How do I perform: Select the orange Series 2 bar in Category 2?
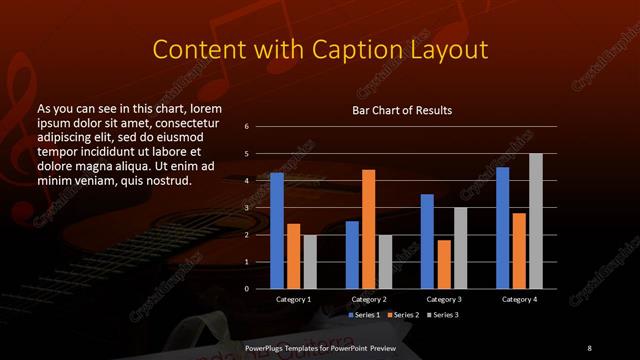tap(368, 229)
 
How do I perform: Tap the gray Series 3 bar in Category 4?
tap(535, 221)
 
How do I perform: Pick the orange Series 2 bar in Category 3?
tap(444, 264)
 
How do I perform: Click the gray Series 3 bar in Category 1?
tap(309, 261)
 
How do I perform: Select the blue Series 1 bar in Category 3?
tap(427, 241)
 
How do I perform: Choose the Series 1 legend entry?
tap(364, 315)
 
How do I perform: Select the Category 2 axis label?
tap(369, 299)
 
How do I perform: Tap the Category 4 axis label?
tap(519, 299)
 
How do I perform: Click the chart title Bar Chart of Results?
tap(402, 110)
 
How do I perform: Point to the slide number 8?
tap(589, 347)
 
